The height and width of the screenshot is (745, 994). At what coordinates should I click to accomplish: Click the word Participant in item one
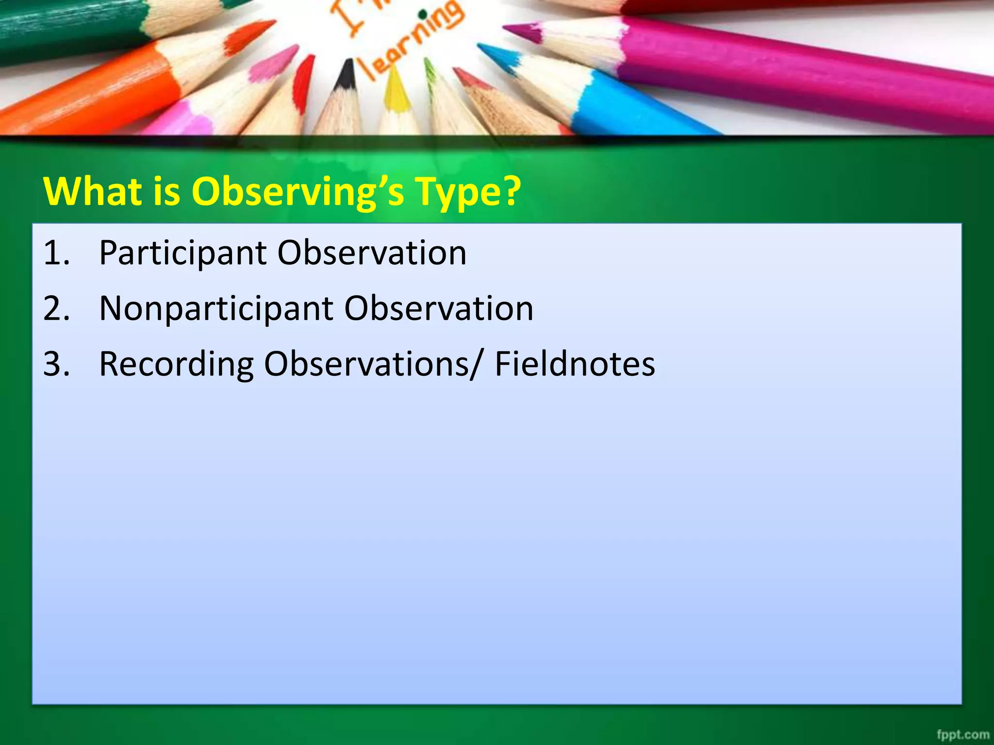coord(182,253)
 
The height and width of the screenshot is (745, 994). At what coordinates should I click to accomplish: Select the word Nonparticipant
coord(216,308)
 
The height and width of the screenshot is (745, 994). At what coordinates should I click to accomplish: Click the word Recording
coord(176,364)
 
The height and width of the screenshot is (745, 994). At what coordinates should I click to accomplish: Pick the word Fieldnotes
coord(575,364)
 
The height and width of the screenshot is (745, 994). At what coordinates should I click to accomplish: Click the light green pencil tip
coord(429,68)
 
